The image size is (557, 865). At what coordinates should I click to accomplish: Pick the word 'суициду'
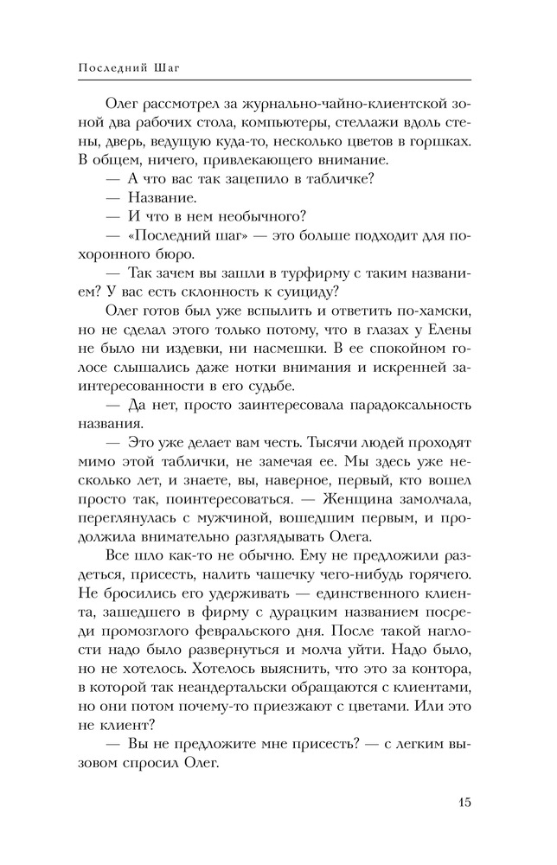point(301,292)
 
